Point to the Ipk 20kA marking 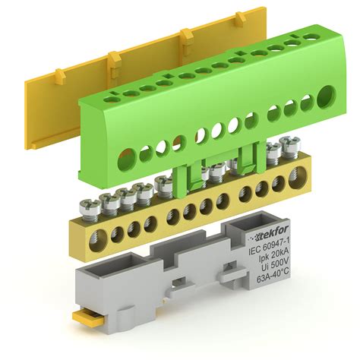click(x=273, y=257)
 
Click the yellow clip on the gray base click(x=88, y=317)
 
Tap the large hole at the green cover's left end click(x=127, y=160)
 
